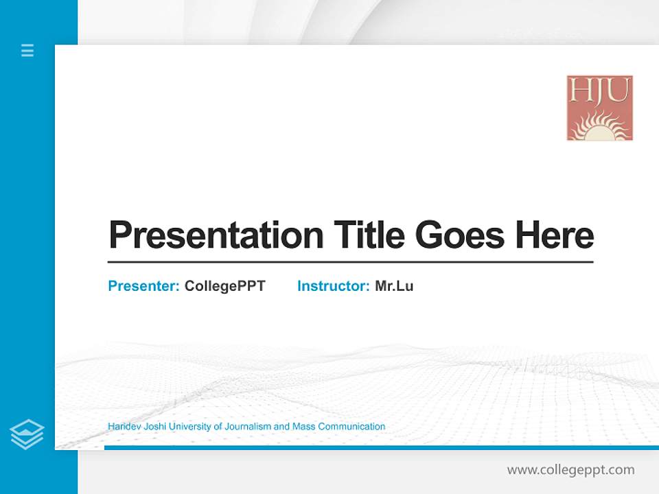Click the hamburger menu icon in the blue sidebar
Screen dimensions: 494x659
pos(27,50)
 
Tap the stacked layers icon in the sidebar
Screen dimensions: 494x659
pos(27,434)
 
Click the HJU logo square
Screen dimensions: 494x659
pos(599,108)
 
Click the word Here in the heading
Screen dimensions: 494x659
pos(555,235)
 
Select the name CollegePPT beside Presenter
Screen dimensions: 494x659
pos(224,286)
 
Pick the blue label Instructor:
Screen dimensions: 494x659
pos(334,286)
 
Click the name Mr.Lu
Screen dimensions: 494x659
pos(394,286)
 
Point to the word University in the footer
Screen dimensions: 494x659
pos(190,427)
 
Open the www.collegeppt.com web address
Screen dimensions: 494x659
pos(570,470)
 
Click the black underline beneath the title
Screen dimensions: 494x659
pos(350,262)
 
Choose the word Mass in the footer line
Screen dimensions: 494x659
pos(303,427)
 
